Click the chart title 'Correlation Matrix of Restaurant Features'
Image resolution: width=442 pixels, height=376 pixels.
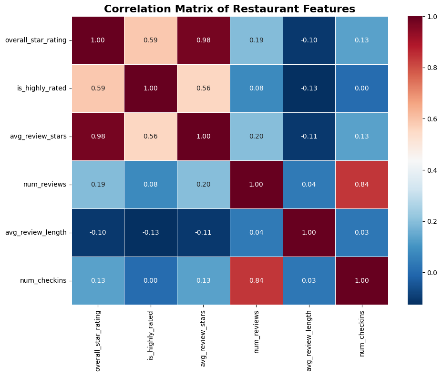click(x=229, y=9)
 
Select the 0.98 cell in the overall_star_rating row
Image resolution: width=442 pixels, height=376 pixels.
click(x=204, y=40)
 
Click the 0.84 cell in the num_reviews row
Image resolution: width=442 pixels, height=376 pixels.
click(x=362, y=185)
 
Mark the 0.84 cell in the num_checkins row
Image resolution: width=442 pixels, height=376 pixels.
click(x=256, y=280)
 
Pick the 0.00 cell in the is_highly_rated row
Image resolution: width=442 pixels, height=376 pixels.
click(x=362, y=89)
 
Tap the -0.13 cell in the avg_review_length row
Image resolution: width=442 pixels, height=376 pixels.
click(x=151, y=232)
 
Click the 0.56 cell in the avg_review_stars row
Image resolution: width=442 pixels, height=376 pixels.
click(x=151, y=137)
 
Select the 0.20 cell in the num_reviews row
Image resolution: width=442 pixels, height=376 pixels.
click(x=204, y=185)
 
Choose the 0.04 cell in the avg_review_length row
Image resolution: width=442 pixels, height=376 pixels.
click(x=256, y=232)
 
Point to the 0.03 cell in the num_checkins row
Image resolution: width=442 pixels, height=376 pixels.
click(x=309, y=280)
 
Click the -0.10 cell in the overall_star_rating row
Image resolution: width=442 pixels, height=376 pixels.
click(x=309, y=40)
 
